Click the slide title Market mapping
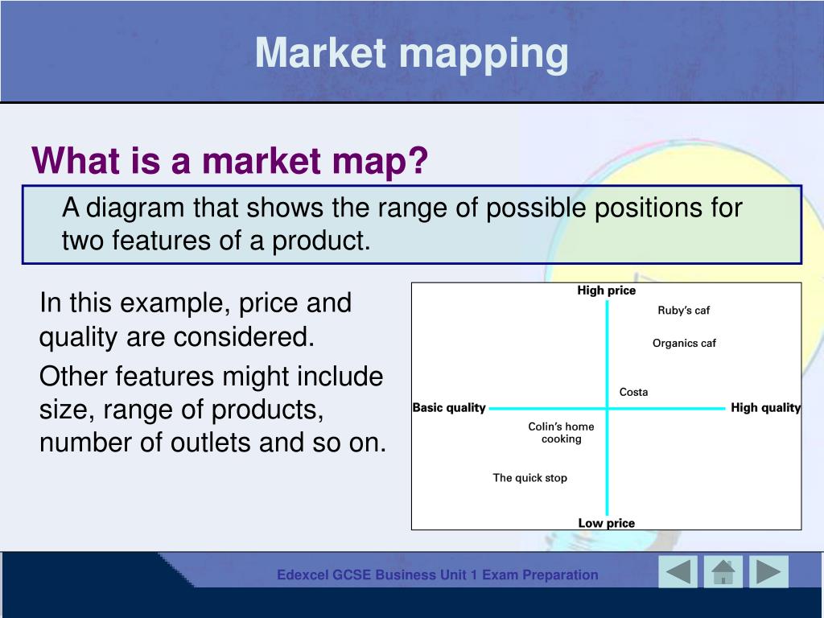[411, 55]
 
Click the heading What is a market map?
[230, 160]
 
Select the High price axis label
[607, 290]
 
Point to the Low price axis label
[607, 523]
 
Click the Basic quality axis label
[449, 408]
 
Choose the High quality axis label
[766, 408]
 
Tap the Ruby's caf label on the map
[684, 311]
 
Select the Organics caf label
[684, 343]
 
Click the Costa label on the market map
[634, 392]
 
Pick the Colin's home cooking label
[561, 432]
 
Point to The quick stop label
[529, 478]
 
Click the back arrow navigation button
[678, 572]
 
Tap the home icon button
[723, 572]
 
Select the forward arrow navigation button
[768, 572]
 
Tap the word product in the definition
[321, 241]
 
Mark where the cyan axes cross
[607, 408]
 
